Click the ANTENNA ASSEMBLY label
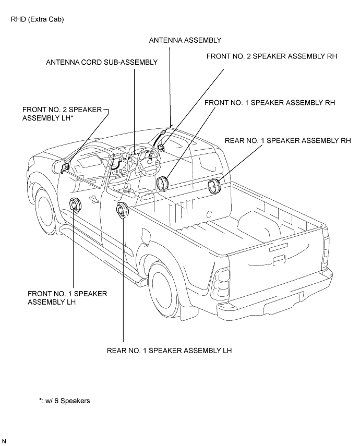point(185,40)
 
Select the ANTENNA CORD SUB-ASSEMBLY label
point(102,62)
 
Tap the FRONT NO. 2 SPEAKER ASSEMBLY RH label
point(271,56)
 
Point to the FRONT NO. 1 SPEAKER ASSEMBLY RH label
point(270,102)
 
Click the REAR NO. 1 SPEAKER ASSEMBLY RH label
point(287,140)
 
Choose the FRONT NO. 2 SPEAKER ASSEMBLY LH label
point(62,114)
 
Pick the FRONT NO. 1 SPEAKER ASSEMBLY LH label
point(67,298)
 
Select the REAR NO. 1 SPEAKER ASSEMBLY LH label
point(169,351)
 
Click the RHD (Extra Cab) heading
point(37,19)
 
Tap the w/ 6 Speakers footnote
point(65,401)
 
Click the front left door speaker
point(75,206)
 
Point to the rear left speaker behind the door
point(122,211)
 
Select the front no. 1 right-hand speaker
point(162,184)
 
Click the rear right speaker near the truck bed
point(214,186)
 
